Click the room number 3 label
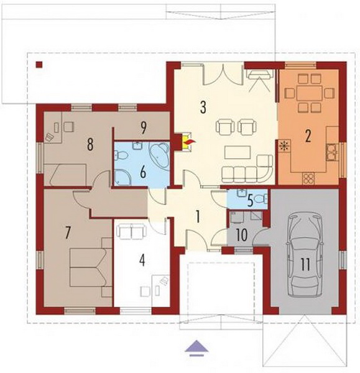(x=203, y=108)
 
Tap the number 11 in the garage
(x=306, y=265)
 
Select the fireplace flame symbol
(x=190, y=142)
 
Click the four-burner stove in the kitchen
(x=308, y=178)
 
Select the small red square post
(x=39, y=65)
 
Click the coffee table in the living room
(x=238, y=153)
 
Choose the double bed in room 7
(x=88, y=267)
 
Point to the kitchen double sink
(x=332, y=152)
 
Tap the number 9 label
(x=143, y=128)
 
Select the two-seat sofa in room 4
(x=131, y=231)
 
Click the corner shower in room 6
(x=122, y=177)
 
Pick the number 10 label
(x=242, y=235)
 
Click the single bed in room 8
(x=66, y=174)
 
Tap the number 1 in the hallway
(x=198, y=216)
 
